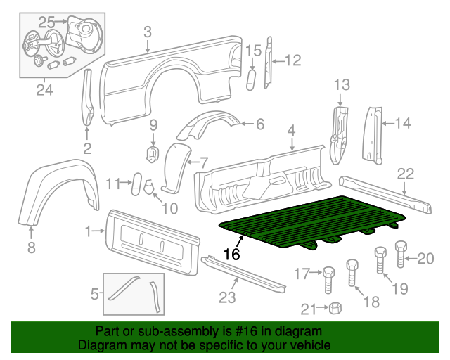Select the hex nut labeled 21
coord(336,308)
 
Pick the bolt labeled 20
coord(401,254)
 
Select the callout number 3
coord(147,31)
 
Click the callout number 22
coord(406,173)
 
